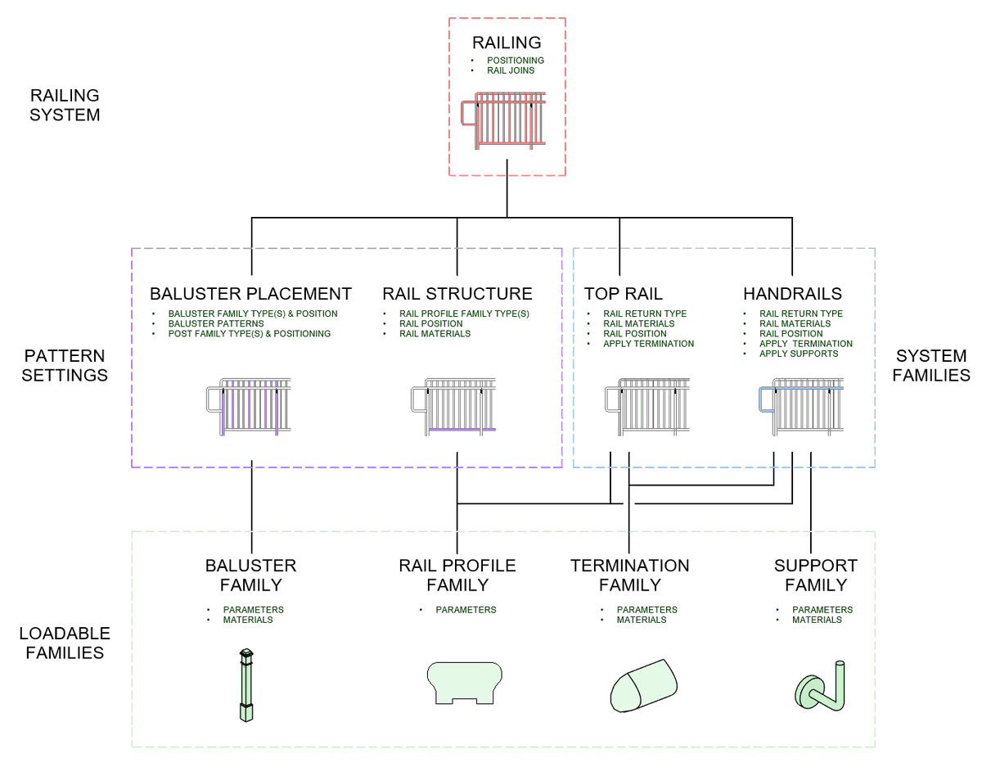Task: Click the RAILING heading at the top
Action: [507, 43]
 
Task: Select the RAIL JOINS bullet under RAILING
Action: [511, 70]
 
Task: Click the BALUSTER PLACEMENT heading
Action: [250, 294]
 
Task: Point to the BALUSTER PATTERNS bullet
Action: [216, 323]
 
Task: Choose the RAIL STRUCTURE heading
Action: [457, 294]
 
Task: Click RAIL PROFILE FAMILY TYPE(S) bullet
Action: [464, 314]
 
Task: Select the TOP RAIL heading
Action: [623, 294]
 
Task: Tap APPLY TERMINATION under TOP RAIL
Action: [648, 344]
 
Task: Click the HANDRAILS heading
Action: [792, 294]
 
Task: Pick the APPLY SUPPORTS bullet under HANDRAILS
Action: [799, 354]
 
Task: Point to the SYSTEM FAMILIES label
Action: [930, 366]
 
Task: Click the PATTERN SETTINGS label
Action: [65, 366]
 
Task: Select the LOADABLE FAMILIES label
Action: [65, 643]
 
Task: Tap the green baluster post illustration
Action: [245, 685]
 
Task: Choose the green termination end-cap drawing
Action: [643, 684]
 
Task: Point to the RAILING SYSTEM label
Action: [65, 106]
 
